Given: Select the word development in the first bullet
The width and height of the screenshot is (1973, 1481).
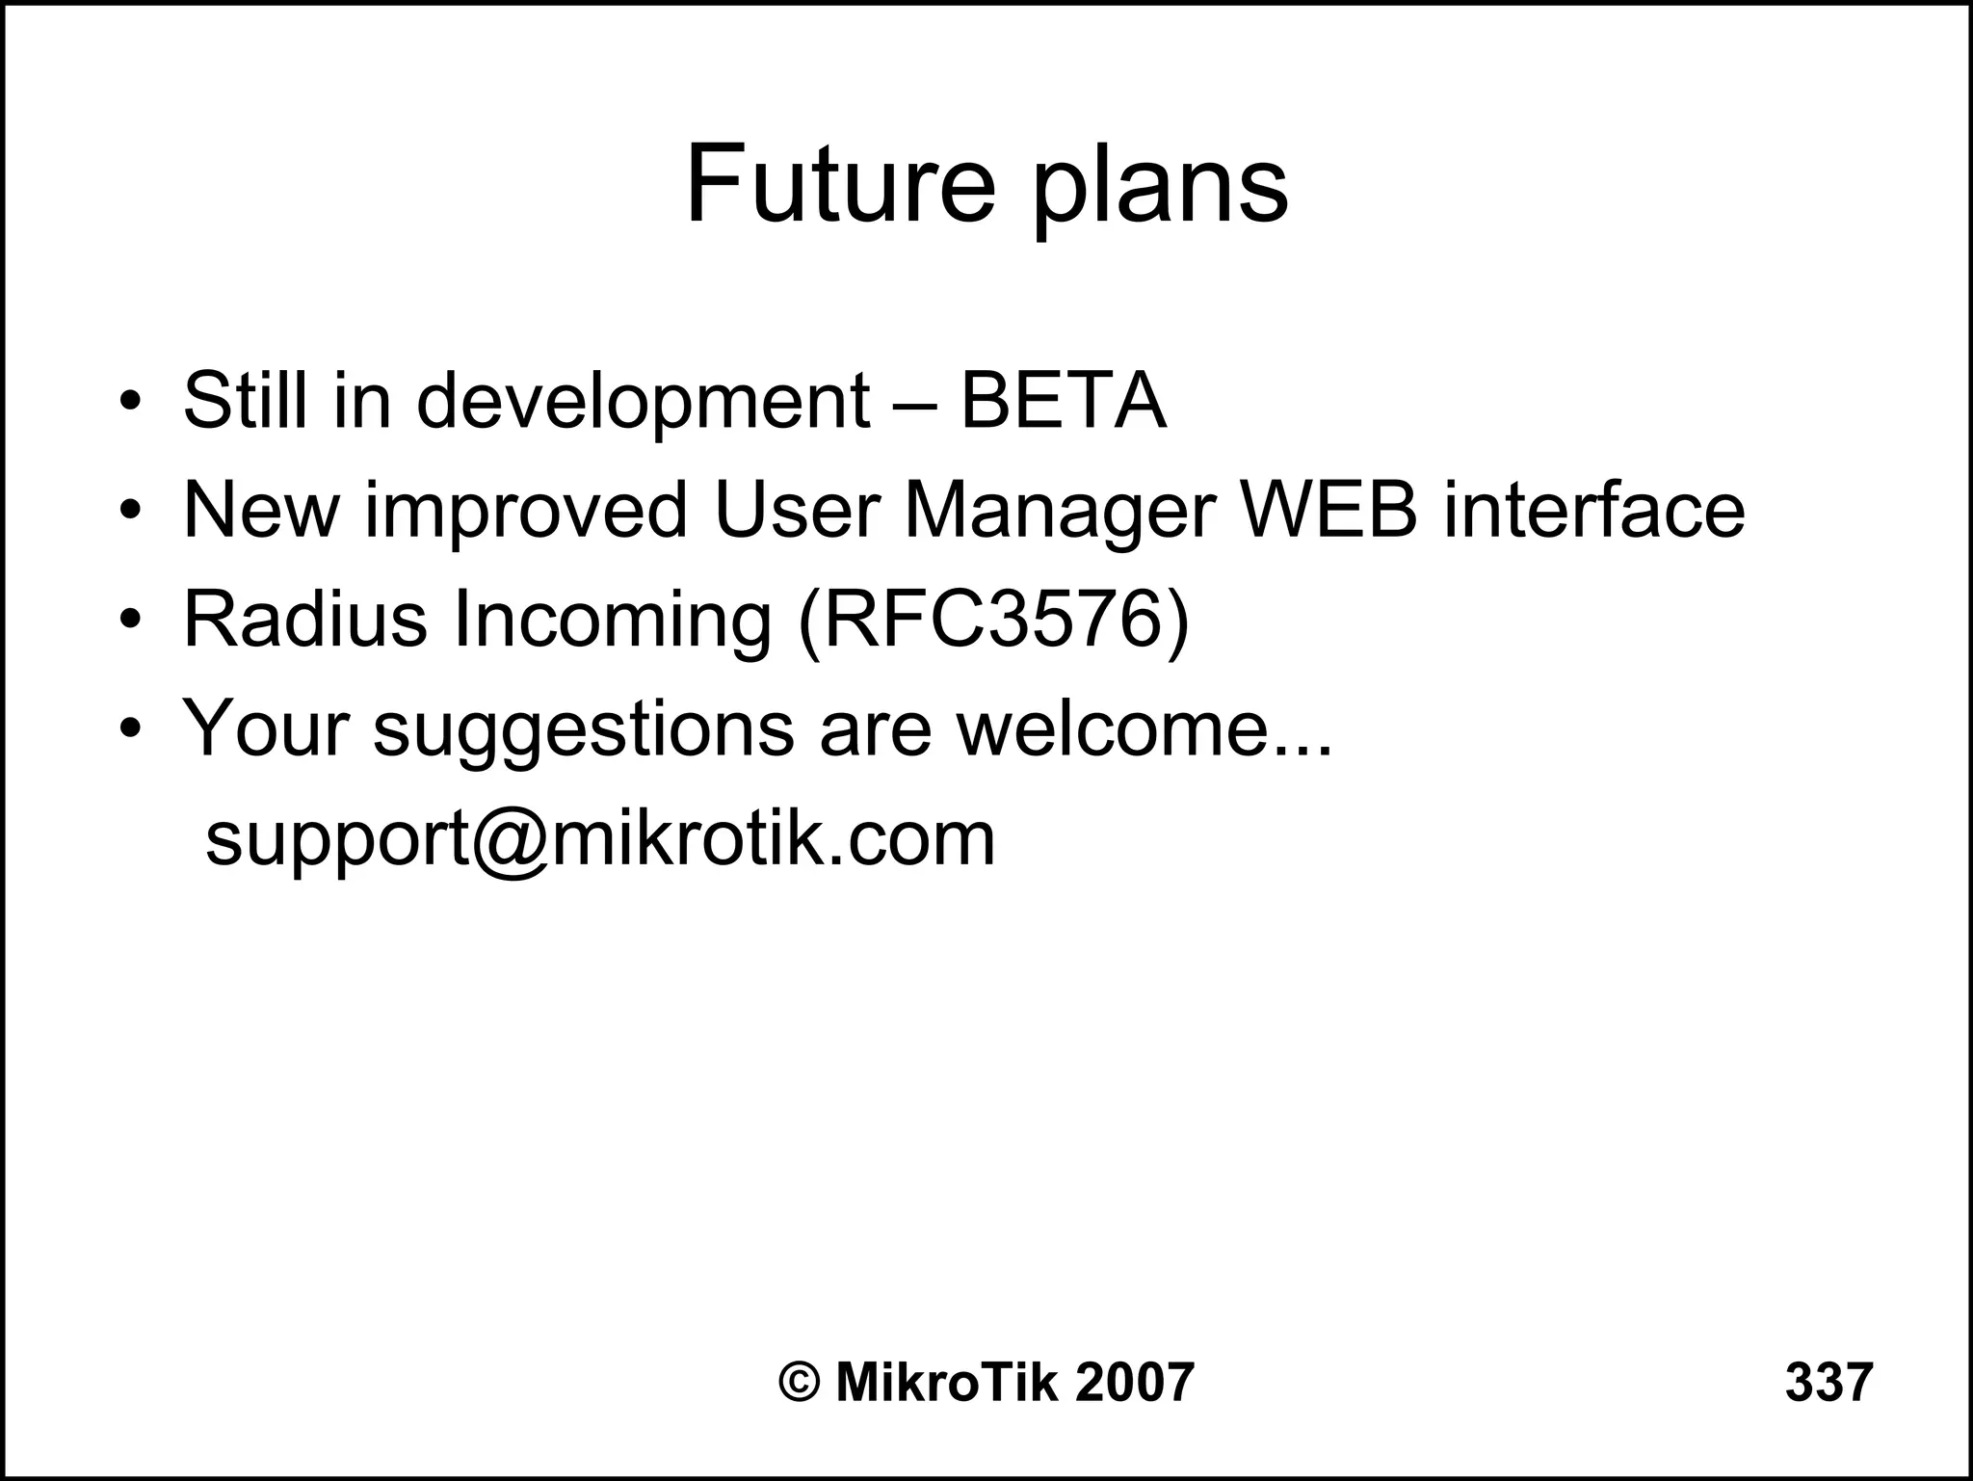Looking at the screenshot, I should click(643, 402).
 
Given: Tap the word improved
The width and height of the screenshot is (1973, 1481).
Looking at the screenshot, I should click(526, 511).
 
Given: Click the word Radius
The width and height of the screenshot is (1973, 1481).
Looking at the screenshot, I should click(304, 619).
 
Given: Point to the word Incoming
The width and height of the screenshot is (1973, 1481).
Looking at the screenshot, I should click(612, 621).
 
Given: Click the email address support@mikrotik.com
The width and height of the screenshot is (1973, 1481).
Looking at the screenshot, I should click(600, 838).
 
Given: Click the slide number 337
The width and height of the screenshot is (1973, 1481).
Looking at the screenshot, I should click(1828, 1382).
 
